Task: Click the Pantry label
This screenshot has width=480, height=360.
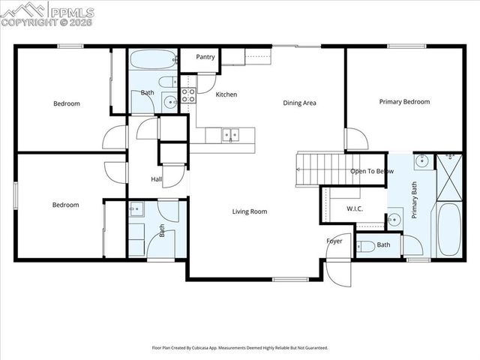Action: coord(206,57)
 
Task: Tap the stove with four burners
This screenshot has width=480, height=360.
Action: coord(187,94)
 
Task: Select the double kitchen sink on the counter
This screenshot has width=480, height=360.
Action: coord(229,135)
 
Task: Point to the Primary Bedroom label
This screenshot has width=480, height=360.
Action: coord(404,102)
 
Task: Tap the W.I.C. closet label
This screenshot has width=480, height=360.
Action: coord(355,208)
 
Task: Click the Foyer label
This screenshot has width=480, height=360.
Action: coord(334,241)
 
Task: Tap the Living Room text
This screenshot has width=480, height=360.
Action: coord(249,211)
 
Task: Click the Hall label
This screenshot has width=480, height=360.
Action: coord(156,179)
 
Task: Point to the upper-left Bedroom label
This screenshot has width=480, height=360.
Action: coord(66,103)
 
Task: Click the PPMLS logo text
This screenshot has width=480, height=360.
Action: coord(70,11)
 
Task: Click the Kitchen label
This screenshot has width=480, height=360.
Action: coord(226,94)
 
